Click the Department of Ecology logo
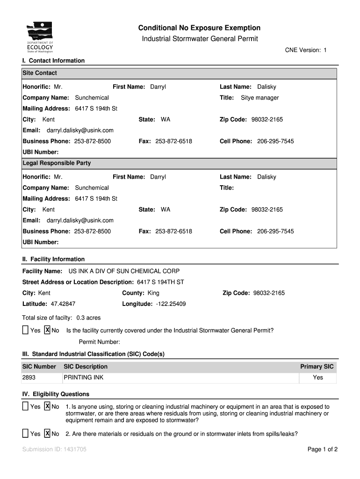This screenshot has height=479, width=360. tap(40, 38)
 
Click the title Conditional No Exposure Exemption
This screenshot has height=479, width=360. tap(200, 28)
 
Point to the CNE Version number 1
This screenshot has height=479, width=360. tap(325, 50)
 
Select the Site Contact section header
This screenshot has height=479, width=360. tap(40, 73)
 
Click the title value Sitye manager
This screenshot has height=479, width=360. tap(259, 98)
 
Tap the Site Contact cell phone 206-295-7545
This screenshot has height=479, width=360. tap(275, 141)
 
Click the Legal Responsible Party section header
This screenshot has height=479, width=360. tap(57, 163)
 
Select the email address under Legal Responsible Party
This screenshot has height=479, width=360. tap(80, 220)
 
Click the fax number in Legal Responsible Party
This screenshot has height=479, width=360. tap(173, 232)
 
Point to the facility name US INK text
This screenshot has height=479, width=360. tap(124, 271)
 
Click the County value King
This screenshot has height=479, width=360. tap(153, 293)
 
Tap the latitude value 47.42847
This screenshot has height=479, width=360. tap(63, 304)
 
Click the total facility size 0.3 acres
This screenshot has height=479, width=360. tap(89, 318)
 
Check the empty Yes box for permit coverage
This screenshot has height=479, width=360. tap(25, 330)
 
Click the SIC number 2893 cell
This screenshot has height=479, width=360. tap(29, 377)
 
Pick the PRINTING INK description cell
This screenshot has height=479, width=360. tap(84, 377)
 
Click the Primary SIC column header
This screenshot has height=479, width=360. tap(317, 367)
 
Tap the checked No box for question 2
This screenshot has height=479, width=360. tap(47, 434)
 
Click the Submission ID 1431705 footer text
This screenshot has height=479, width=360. tap(54, 450)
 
